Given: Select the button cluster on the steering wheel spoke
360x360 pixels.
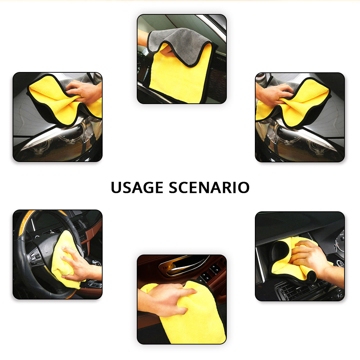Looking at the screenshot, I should pyautogui.click(x=36, y=257).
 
